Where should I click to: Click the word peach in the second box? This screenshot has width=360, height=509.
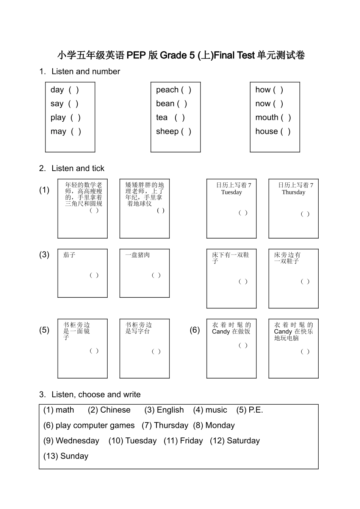pos(167,90)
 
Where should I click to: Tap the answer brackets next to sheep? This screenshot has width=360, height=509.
pos(186,132)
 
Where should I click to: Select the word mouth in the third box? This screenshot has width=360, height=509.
pos(266,118)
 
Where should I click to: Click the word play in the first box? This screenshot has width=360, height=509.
pos(58,118)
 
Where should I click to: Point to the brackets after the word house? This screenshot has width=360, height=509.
pos(285,132)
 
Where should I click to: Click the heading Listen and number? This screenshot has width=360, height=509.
pos(86,71)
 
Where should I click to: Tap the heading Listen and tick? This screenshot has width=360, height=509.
pos(78,168)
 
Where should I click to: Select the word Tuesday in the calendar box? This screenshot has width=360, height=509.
pos(232,192)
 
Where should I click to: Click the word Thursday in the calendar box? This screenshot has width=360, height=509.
pos(293,192)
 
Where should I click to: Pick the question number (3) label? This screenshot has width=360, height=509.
pos(44,254)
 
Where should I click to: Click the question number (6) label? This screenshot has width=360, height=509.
pos(195,330)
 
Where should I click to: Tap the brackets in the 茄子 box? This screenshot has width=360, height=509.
pos(94,275)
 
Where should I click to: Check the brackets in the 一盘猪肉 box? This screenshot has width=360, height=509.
pos(156,275)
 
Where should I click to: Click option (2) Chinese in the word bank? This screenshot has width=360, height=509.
pos(109,410)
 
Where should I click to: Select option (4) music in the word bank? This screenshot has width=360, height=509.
pos(210,410)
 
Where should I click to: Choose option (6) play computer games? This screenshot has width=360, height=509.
pos(89,426)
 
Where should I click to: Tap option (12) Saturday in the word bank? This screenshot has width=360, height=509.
pos(235,441)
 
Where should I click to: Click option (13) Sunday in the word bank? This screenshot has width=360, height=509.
pos(66,456)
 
